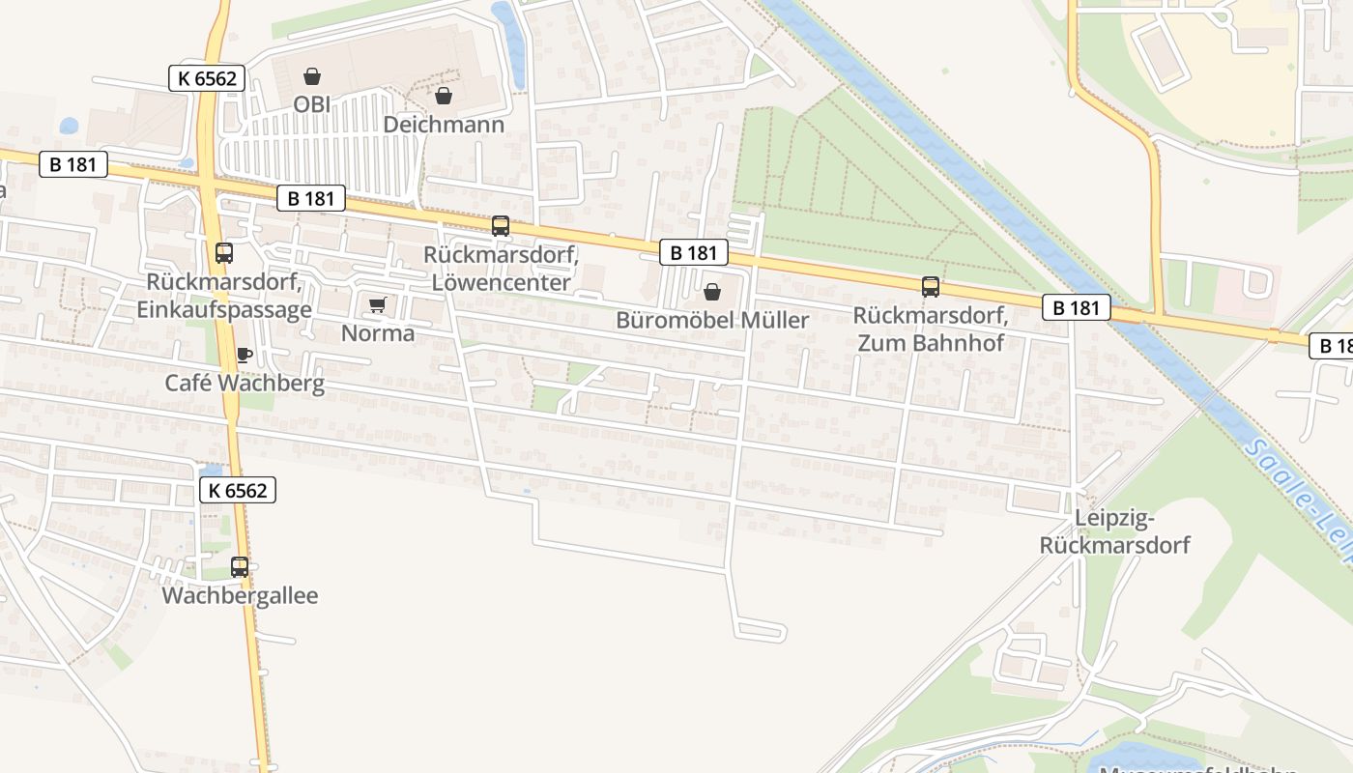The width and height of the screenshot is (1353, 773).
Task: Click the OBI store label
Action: tap(311, 103)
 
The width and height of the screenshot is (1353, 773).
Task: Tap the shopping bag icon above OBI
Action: tap(312, 76)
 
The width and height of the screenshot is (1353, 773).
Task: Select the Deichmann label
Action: tap(444, 125)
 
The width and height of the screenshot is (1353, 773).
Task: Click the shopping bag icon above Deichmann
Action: tap(444, 96)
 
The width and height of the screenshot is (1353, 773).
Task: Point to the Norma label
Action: tap(378, 333)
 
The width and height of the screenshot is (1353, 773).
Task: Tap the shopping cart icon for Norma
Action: tap(378, 305)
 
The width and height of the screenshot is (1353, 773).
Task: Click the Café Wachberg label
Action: tap(245, 383)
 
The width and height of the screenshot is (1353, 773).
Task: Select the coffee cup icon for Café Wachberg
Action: tap(245, 355)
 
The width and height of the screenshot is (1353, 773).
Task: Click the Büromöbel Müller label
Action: tap(712, 320)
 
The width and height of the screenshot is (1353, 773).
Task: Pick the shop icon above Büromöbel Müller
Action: tap(712, 292)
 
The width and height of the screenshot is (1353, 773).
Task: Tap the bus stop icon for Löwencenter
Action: tap(501, 226)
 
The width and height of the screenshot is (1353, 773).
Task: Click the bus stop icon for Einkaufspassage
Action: tap(224, 253)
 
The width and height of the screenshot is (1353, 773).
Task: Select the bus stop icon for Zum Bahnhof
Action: tap(931, 287)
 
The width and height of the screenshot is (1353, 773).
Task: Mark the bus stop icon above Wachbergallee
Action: tap(240, 567)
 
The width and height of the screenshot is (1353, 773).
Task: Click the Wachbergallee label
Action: tap(240, 595)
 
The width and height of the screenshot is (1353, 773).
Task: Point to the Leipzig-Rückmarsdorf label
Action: tap(1114, 532)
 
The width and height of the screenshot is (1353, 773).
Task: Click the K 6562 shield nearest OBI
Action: tap(207, 78)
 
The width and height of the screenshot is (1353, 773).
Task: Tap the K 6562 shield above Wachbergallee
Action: tap(238, 490)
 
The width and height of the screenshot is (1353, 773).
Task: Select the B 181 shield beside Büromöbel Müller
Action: tap(694, 253)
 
